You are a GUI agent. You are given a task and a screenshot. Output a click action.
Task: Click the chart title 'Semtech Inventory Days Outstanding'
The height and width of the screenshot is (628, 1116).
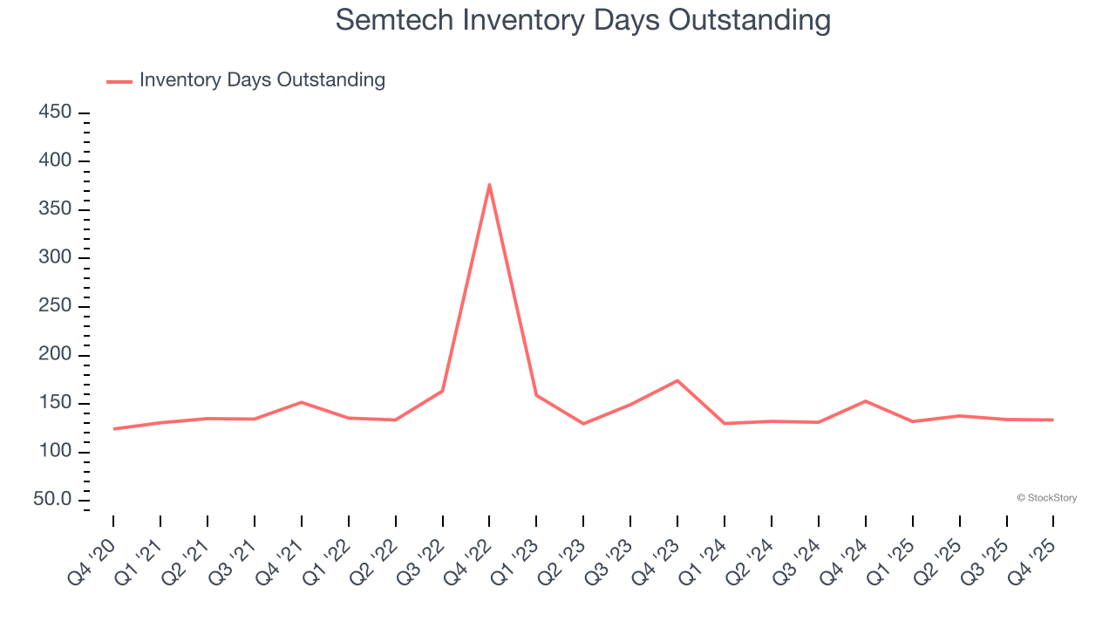[582, 20]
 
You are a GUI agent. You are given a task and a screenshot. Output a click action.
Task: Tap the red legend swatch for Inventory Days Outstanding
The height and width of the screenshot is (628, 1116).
[119, 81]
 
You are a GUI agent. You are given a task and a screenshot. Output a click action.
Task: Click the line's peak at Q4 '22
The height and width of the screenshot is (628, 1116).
[489, 184]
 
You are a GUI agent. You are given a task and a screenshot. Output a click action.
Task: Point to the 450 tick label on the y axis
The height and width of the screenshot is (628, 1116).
[54, 113]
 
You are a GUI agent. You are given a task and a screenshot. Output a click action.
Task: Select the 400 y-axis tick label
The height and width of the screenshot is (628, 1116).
[54, 161]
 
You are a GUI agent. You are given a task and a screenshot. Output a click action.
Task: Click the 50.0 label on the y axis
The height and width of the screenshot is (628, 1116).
[51, 500]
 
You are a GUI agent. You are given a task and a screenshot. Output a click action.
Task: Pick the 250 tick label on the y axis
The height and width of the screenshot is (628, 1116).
[54, 306]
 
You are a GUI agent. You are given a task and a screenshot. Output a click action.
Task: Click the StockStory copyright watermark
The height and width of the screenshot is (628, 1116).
[1046, 498]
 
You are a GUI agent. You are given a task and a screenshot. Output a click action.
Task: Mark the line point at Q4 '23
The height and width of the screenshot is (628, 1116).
[677, 380]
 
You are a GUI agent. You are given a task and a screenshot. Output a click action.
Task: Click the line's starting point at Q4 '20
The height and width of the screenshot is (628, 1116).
[113, 429]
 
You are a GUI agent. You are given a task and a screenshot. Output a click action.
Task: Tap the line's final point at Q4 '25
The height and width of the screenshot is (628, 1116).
[1052, 420]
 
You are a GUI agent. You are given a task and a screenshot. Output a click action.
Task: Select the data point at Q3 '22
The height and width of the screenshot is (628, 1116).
[442, 391]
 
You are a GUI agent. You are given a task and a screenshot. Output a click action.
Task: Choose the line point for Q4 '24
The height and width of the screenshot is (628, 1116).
[865, 401]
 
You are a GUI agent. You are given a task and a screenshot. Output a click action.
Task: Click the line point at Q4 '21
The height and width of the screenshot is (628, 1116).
[301, 402]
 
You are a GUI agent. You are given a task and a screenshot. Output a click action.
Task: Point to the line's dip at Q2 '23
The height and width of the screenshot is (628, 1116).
[583, 424]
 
